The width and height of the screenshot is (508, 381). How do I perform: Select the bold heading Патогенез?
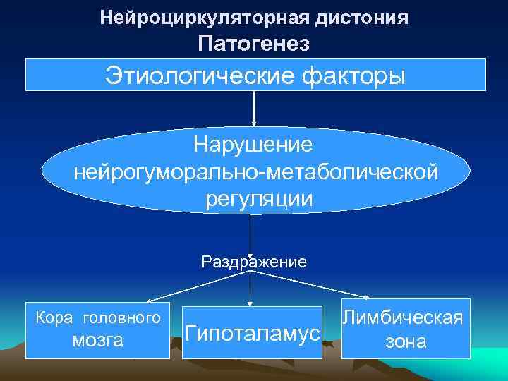tap(254, 44)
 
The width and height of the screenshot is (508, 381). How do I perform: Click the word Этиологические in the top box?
tap(190, 74)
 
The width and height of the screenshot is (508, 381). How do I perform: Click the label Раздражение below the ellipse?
tap(254, 262)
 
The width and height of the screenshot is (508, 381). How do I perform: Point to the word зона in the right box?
tap(405, 342)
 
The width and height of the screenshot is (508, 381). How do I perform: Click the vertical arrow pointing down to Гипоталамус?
tap(250, 289)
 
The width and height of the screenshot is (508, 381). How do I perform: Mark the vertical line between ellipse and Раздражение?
tap(250, 233)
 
